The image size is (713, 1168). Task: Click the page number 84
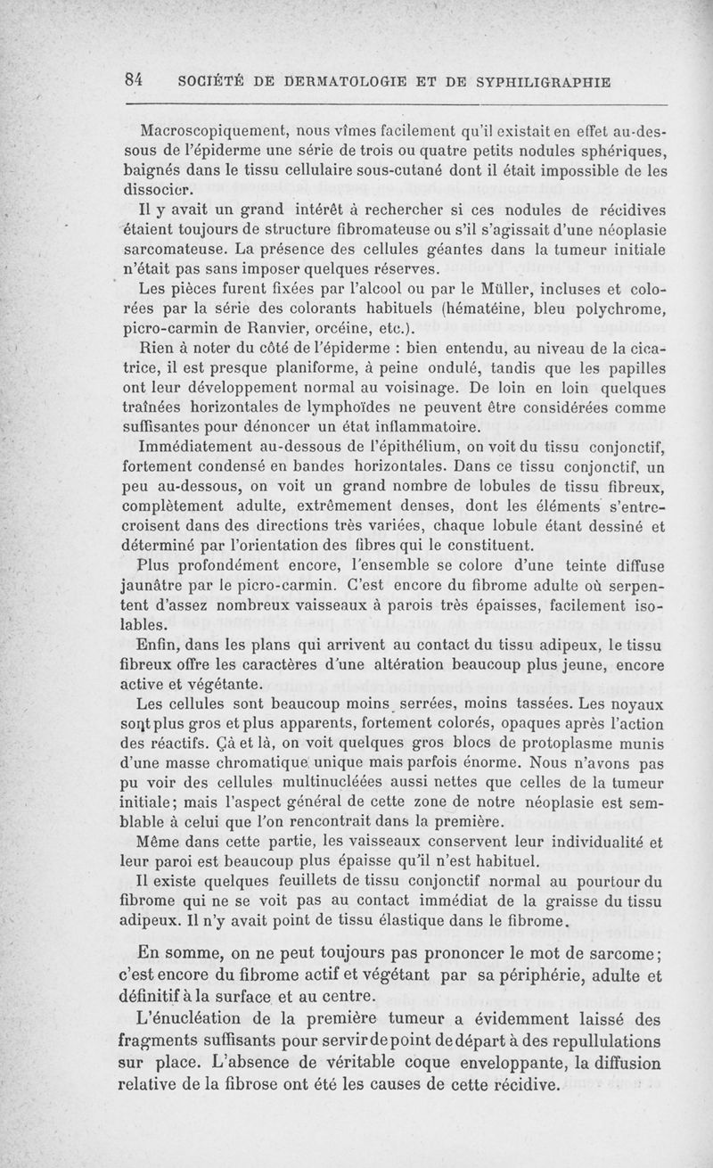135,78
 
